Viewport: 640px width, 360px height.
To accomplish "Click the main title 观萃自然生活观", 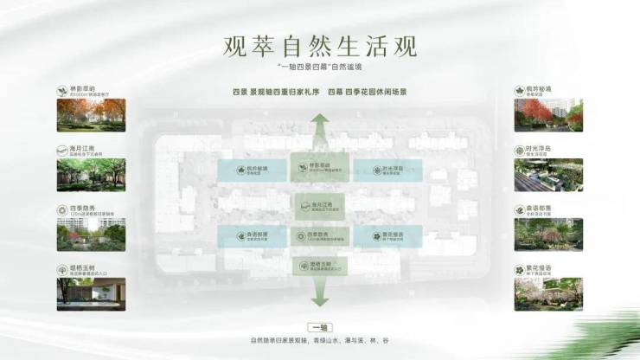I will tap(319, 43).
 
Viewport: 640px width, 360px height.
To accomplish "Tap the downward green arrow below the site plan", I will tap(320, 296).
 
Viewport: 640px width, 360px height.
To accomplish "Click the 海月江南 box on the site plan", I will tap(320, 204).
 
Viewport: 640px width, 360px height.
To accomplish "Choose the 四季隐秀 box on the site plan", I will tap(320, 235).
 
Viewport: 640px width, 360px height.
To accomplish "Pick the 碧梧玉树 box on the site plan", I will tap(320, 266).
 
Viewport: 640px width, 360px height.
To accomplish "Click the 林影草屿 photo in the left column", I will tap(91, 115).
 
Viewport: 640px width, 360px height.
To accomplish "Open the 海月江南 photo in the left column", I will tap(91, 175).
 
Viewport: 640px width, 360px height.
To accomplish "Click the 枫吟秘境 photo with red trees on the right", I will tap(547, 115).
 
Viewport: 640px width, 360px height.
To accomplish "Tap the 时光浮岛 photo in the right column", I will tap(547, 175).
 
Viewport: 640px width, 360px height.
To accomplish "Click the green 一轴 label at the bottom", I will tap(320, 328).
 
